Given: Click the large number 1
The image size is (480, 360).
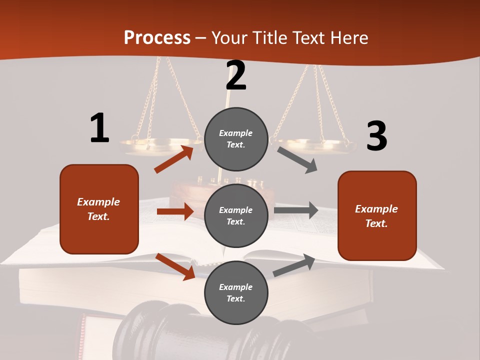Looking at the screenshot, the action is [x=99, y=128].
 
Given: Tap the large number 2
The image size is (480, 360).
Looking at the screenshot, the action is [x=236, y=75].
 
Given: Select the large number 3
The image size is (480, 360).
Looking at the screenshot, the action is [x=376, y=136].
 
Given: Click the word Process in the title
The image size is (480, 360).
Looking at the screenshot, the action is [x=157, y=37].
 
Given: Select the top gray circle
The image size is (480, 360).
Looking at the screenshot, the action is [x=236, y=139].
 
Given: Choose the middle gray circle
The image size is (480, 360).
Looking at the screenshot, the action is [x=236, y=215].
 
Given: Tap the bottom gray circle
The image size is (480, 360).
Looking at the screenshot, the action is [x=236, y=292].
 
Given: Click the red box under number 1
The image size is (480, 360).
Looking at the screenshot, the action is [x=99, y=209].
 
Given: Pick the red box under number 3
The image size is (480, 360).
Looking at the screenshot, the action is [x=377, y=215].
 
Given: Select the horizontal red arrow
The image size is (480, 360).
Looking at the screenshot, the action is [x=175, y=211].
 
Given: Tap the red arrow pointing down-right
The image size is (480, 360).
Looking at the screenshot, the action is [x=175, y=266].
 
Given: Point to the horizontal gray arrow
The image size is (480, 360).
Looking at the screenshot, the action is [x=296, y=210].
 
